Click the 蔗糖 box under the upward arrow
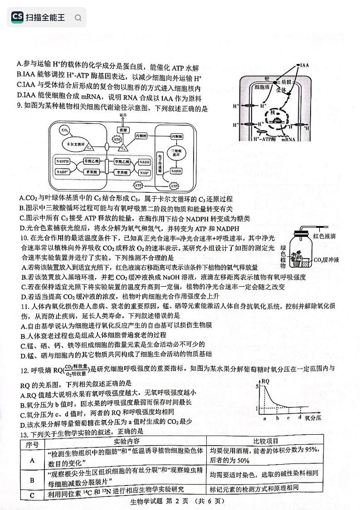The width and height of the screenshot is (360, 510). pos(122,130)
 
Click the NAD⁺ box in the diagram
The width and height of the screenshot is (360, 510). pos(145,173)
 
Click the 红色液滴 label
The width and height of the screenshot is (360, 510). pos(325,236)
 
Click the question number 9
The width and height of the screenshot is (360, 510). pos(18,109)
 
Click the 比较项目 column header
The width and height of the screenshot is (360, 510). pos(265,441)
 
